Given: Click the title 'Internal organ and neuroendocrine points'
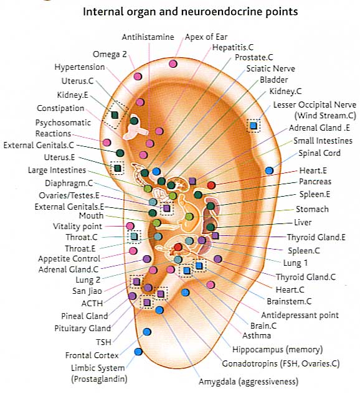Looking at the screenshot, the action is tap(191, 11).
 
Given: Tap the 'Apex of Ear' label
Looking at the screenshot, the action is tap(206, 37).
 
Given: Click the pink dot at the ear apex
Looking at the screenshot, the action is tap(173, 63).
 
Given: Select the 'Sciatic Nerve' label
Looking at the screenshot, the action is tap(270, 68).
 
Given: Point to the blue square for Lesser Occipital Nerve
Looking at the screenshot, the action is tap(253, 125).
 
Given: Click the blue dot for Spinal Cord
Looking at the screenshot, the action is tap(269, 171).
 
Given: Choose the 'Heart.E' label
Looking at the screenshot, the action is tap(313, 171).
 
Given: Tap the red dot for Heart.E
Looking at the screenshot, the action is tap(211, 185).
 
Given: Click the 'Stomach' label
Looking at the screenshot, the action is tap(312, 209).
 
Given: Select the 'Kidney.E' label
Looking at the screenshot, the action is tap(72, 95).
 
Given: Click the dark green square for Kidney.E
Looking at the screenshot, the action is tap(115, 115).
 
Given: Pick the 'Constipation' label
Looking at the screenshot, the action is tap(60, 108).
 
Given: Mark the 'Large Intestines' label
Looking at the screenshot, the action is tap(57, 170).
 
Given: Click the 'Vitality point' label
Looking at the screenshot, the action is tap(77, 227).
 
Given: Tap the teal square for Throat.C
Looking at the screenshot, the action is tap(134, 237).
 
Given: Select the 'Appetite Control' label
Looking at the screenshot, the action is tap(69, 258).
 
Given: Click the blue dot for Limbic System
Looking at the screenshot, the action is tap(138, 352).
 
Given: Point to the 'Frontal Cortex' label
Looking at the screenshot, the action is tap(92, 355).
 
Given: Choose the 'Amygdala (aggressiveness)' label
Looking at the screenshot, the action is tap(249, 382).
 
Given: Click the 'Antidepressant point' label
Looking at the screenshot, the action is tap(300, 315).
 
